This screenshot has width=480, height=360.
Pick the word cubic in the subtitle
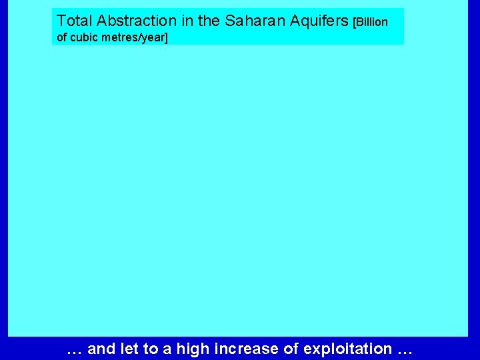[85, 37]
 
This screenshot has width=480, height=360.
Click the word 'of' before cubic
[62, 37]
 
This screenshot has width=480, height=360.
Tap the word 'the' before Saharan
[208, 21]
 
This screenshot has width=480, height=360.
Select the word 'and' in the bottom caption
[101, 349]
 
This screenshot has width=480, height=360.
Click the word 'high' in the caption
[187, 349]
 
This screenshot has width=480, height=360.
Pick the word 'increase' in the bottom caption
[235, 349]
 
